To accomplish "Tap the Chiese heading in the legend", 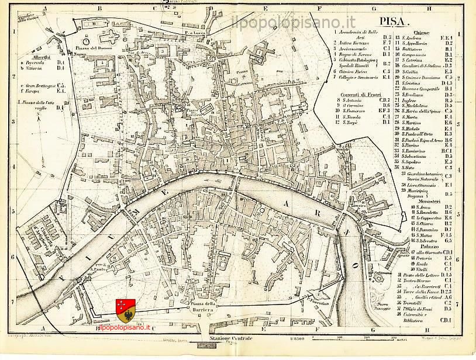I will tap(422, 32).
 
